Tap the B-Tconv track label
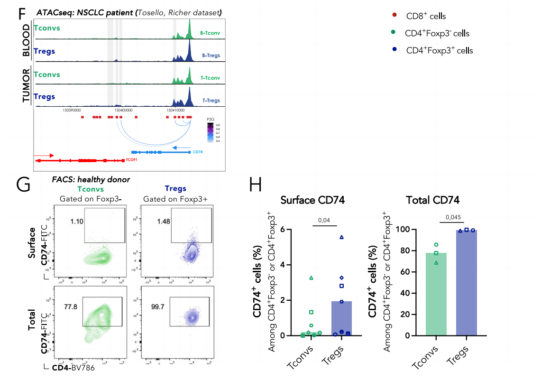(211, 33)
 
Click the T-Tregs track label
(211, 101)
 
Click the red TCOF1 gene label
(131, 160)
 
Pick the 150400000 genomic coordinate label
(123, 110)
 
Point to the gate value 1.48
(156, 222)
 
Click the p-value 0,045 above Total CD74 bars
(450, 218)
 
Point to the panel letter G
(25, 184)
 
